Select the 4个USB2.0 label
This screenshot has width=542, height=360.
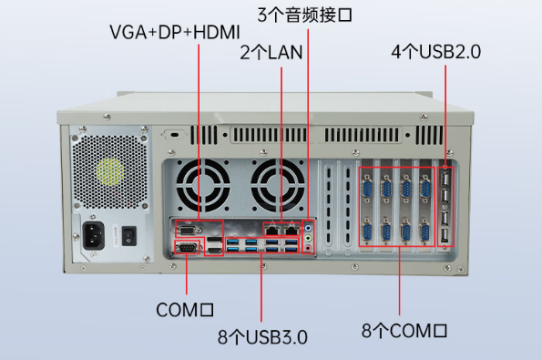(435, 52)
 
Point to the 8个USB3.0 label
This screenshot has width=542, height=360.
(262, 336)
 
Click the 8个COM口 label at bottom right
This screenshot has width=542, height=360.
(404, 331)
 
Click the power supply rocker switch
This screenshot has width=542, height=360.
(128, 235)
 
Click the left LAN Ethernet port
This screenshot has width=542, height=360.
(272, 230)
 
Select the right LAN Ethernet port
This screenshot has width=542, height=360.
(291, 230)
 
